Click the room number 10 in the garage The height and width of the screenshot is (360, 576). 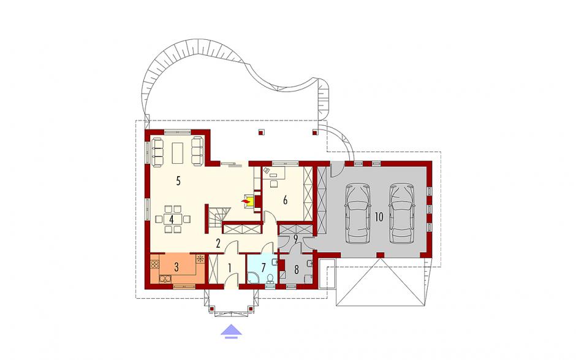tap(379, 217)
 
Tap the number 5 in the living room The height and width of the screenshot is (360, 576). tap(178, 181)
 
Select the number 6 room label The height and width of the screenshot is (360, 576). tap(285, 200)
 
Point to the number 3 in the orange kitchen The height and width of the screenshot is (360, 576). tap(176, 267)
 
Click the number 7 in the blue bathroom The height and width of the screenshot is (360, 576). tap(263, 268)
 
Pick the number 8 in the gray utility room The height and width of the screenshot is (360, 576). tap(297, 269)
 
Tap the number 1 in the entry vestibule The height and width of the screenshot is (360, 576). tap(230, 268)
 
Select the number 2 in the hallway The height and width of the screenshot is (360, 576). tap(218, 243)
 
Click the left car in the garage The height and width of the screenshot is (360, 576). tap(358, 213)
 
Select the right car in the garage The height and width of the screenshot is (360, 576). tap(402, 213)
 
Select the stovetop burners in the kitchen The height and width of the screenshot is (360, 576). tap(154, 264)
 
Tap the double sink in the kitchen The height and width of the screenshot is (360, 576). tap(165, 280)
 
